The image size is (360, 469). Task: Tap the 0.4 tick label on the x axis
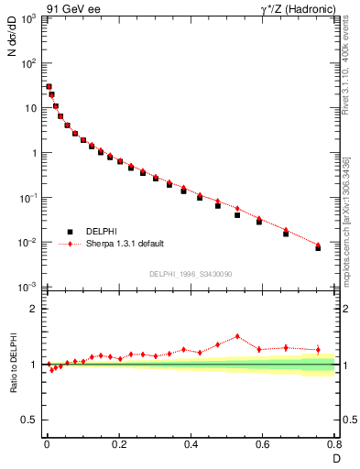pos(191,444)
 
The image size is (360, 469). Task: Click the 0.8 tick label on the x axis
pos(334,444)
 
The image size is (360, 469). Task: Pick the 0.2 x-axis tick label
pos(118,444)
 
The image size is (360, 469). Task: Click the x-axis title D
pos(334,457)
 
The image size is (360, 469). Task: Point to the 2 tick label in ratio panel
pos(33,309)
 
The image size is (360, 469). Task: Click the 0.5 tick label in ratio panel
pos(29,420)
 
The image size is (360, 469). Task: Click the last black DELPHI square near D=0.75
pos(318,248)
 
